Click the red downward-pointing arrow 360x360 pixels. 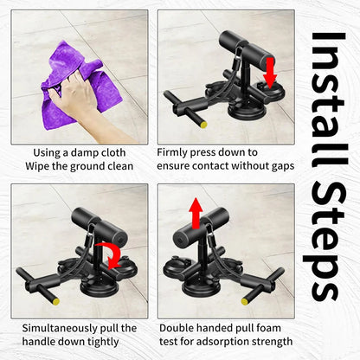[270, 73]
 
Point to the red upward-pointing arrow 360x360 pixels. [196, 214]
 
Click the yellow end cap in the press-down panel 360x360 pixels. [203, 125]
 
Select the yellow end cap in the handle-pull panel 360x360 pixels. [56, 301]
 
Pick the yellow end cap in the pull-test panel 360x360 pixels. [245, 301]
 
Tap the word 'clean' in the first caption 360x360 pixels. [120, 166]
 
